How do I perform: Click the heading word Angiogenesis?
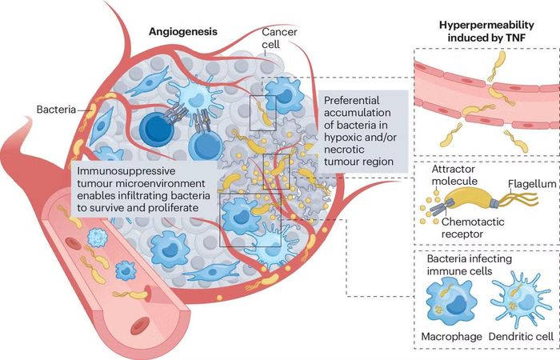point(183,32)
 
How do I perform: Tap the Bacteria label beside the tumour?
point(57,110)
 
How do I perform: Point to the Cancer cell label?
point(279,38)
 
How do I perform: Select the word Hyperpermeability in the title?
point(486,25)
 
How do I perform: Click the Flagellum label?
point(532,184)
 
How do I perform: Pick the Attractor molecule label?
point(454,175)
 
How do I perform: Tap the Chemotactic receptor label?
point(473,228)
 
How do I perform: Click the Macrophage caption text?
point(451,337)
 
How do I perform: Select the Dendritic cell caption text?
point(521,337)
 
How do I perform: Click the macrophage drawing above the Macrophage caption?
point(449,302)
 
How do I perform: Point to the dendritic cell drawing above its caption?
point(520,299)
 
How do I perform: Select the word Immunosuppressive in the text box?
point(126,171)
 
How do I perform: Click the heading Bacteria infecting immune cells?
point(470,265)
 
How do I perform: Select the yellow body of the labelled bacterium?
point(469,200)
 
